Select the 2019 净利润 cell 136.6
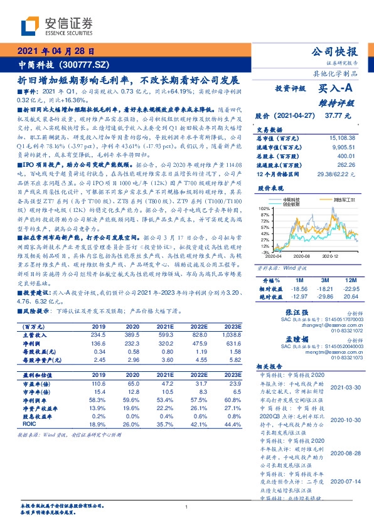tap(99, 344)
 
